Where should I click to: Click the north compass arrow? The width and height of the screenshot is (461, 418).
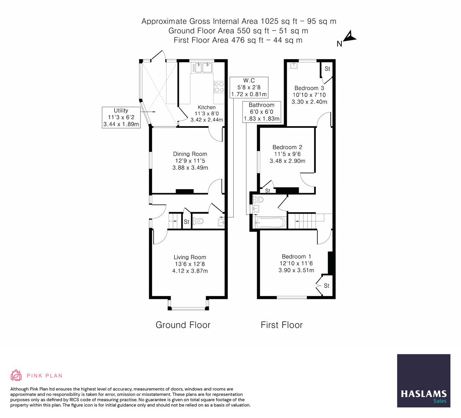350,37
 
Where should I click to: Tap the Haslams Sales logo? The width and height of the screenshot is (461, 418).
424,381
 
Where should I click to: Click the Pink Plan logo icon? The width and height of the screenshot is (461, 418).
16,375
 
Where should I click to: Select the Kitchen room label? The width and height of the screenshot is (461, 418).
207,107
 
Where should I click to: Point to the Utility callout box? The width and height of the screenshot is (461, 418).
121,117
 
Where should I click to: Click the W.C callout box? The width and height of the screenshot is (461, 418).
249,87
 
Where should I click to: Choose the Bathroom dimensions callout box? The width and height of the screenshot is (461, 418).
261,112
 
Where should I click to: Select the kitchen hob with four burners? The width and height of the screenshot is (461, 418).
219,87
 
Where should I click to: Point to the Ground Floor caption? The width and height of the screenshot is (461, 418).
183,325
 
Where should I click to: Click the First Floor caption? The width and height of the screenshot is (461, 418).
281,325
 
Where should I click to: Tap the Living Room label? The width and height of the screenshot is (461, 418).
190,257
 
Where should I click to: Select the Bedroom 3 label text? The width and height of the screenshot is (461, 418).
309,88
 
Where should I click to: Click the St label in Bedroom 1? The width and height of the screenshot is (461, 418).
326,286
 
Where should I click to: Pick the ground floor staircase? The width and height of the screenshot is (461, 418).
175,221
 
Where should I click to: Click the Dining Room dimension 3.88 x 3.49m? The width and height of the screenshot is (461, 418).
190,168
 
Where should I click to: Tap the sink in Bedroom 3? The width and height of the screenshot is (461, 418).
294,65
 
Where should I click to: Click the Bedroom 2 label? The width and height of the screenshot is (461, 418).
287,147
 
